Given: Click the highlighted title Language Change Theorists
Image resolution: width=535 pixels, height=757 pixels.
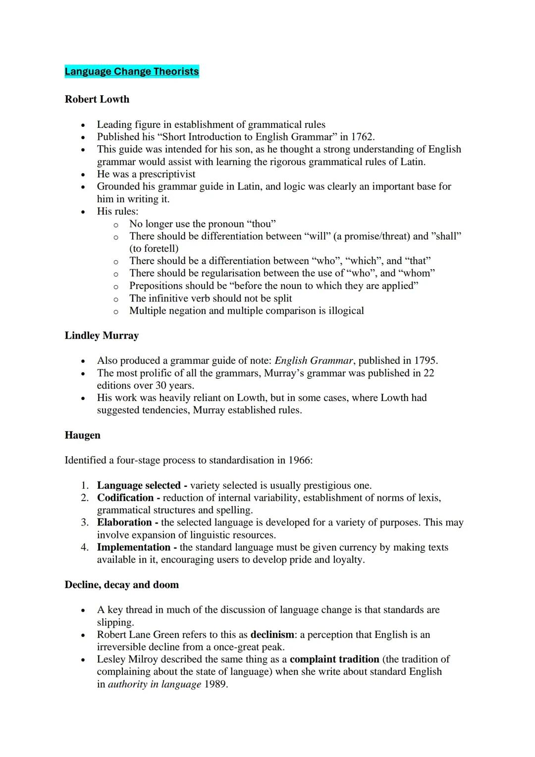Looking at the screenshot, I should point(132,71).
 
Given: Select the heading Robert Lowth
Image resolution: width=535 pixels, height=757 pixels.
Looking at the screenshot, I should point(97,99).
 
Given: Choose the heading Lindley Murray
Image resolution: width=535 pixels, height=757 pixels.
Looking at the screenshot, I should point(102,336).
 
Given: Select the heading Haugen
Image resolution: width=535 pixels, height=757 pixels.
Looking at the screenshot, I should point(82,435).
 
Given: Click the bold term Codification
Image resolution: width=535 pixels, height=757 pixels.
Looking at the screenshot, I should point(125,498).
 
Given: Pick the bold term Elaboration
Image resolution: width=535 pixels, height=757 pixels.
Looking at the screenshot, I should point(124,523).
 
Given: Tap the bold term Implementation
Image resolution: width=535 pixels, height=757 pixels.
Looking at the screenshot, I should point(133,547).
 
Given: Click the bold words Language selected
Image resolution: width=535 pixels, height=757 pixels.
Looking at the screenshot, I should point(139,485).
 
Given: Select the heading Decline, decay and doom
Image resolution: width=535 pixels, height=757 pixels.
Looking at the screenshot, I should point(122,585).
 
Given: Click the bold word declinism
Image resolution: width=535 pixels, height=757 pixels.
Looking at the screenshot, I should point(272,635).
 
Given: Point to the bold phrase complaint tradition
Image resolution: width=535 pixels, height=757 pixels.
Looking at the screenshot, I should point(334,659).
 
